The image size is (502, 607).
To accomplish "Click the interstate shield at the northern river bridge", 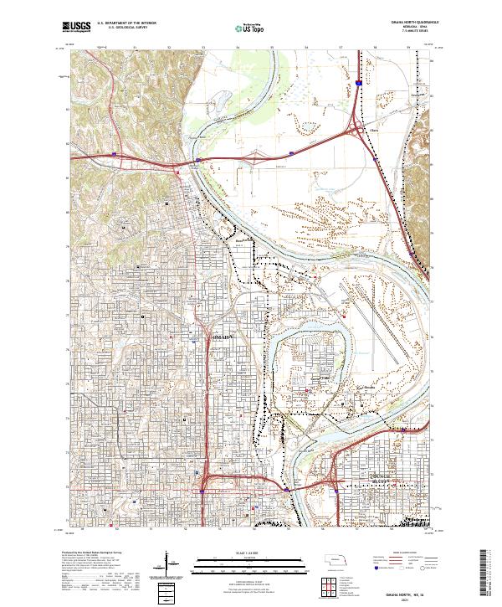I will tap(289, 152).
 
